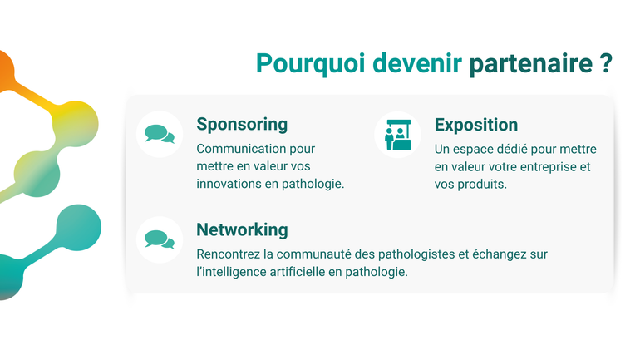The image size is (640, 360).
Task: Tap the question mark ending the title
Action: (606, 64)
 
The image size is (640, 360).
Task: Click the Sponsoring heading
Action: (242, 125)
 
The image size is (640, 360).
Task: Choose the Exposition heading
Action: (476, 125)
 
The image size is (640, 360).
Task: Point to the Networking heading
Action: (242, 229)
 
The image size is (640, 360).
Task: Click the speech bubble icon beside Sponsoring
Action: (159, 134)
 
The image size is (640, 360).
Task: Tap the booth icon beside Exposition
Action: (397, 134)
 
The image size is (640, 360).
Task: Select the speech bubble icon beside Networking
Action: (159, 239)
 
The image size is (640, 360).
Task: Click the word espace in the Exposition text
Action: (471, 150)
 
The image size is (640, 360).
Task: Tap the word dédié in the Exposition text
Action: (512, 150)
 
